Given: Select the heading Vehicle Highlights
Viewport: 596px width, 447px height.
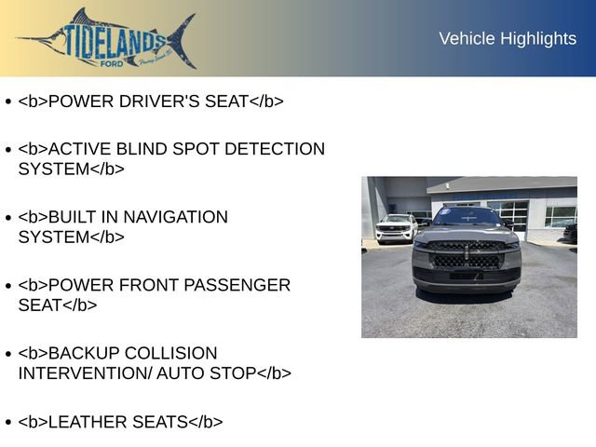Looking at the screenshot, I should coord(508,38).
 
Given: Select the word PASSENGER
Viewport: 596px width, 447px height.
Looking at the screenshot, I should coord(238,285).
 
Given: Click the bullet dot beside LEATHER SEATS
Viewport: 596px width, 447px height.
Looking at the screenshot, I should coord(7,423).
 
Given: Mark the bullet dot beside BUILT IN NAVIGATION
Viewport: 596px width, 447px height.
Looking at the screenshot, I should coord(7,218).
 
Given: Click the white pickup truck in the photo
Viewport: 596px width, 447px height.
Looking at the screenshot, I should coord(396,228).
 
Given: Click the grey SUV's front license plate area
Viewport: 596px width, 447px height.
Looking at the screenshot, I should coord(466,277).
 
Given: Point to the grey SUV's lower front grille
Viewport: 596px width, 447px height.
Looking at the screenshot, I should coord(466,262).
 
